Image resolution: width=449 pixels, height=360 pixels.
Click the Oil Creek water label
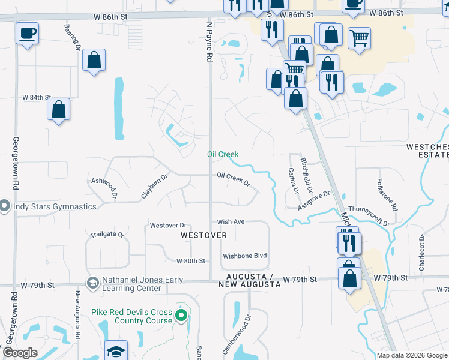coord(223,154)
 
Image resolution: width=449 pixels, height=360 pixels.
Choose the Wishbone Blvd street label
coord(244,256)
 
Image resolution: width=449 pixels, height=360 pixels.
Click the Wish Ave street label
coord(231,221)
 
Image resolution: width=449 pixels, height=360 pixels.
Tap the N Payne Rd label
coord(209,42)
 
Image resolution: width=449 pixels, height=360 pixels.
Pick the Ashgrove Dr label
coord(315,200)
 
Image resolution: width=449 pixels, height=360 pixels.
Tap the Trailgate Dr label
coord(106,234)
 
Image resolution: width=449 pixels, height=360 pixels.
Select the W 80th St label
coord(191,261)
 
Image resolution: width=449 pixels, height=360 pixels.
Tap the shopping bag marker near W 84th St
coord(58,110)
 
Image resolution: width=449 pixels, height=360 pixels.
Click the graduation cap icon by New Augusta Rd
coord(116,350)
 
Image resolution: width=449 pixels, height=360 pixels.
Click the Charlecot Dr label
coord(422,252)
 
